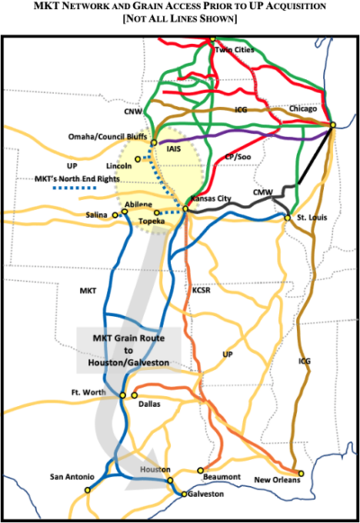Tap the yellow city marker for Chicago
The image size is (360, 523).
[333, 124]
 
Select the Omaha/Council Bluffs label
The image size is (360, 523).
[110, 137]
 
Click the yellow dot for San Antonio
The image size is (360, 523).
[88, 490]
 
